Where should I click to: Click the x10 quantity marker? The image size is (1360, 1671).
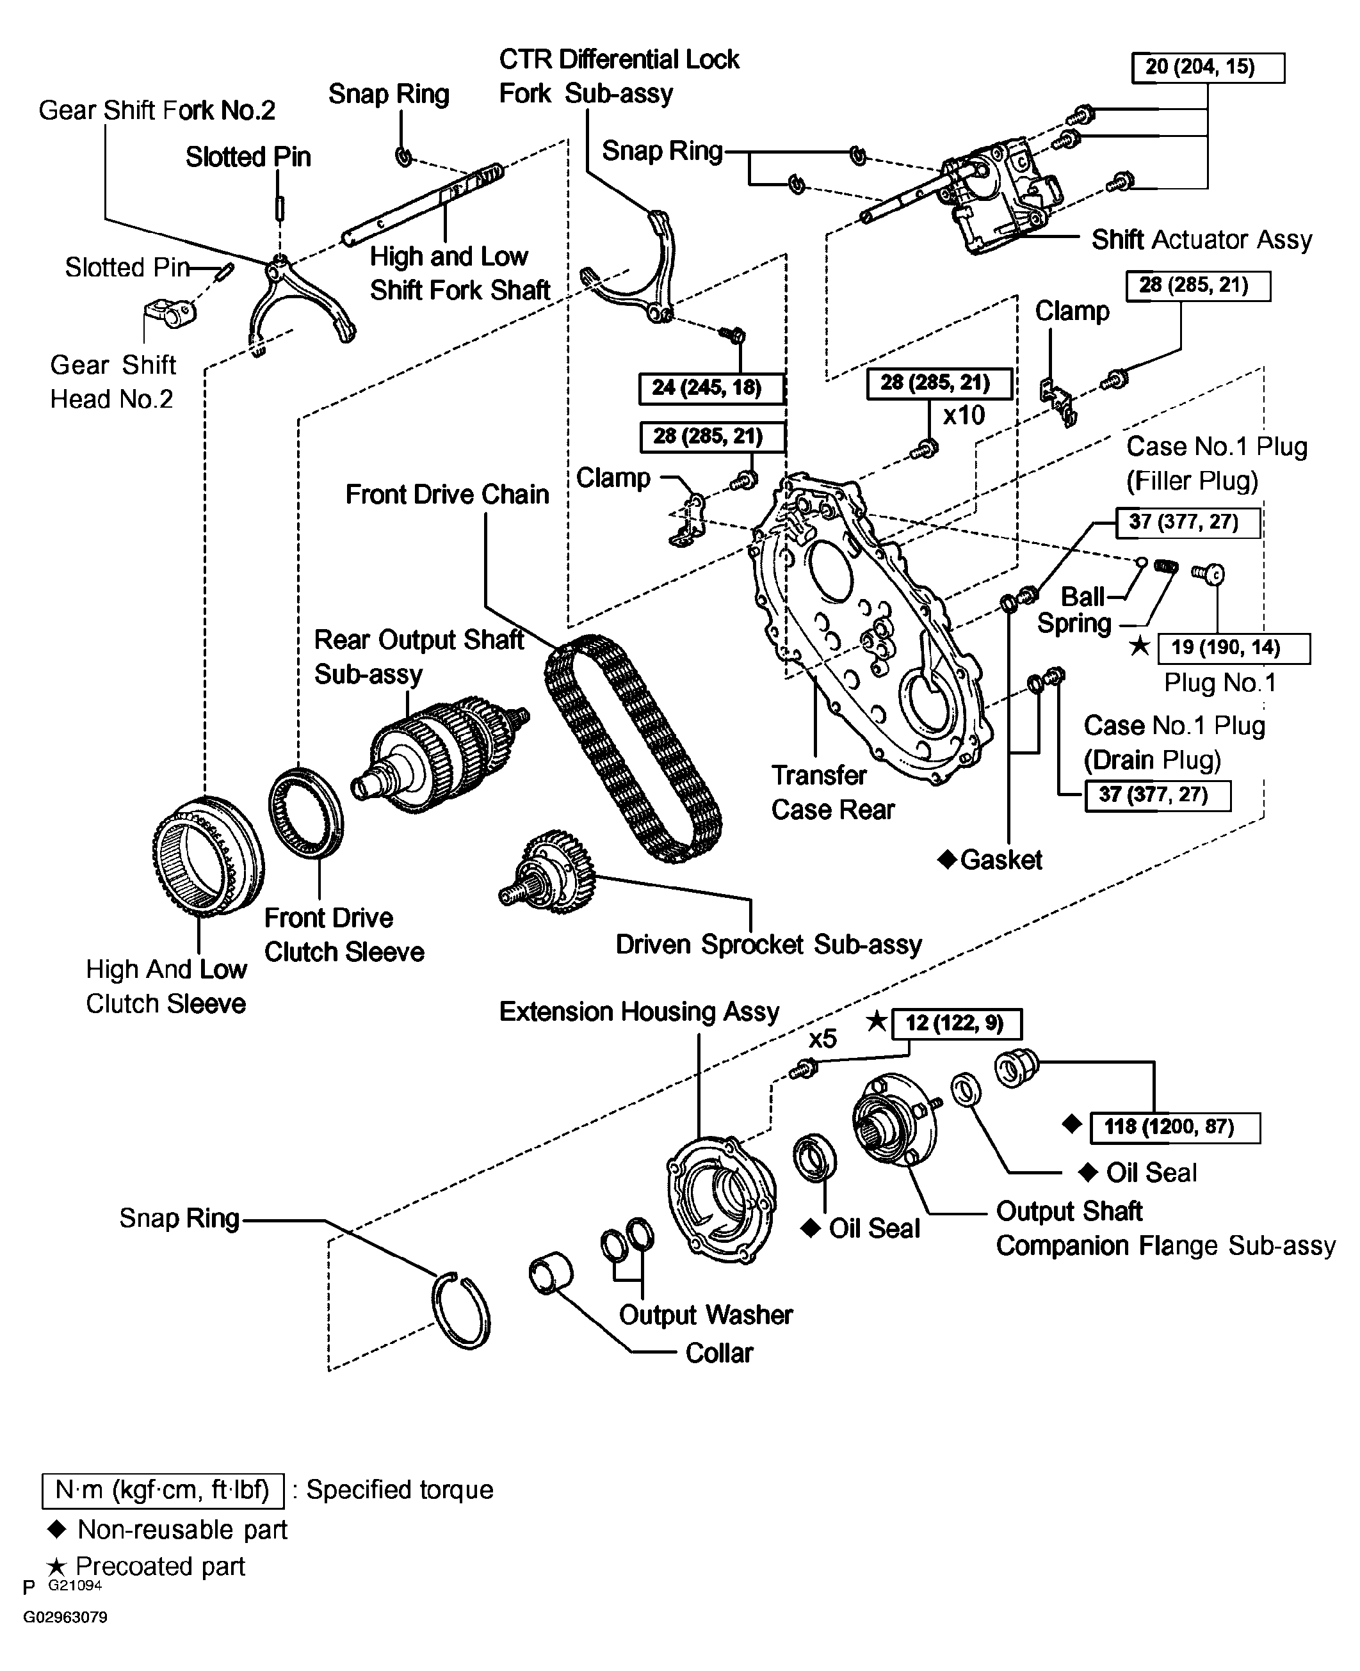click(964, 414)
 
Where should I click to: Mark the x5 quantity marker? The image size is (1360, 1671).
click(823, 1038)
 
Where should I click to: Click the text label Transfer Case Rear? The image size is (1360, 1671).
click(833, 792)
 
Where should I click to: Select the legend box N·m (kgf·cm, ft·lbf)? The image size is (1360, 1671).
click(163, 1489)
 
